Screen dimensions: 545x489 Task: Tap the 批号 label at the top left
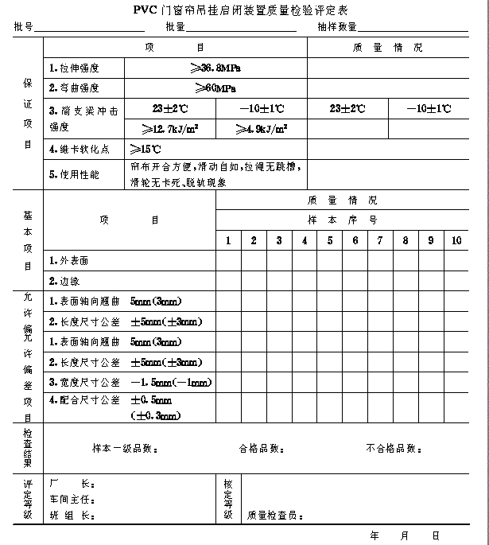23,27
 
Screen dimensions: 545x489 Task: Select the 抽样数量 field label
336,27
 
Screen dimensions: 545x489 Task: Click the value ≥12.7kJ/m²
169,128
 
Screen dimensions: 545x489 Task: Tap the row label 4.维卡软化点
79,149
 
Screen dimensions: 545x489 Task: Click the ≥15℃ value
146,149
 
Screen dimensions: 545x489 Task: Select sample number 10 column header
456,240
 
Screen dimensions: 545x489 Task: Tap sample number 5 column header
329,240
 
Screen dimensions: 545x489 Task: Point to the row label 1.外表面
69,260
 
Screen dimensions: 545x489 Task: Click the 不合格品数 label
393,449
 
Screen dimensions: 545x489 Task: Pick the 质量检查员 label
275,516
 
